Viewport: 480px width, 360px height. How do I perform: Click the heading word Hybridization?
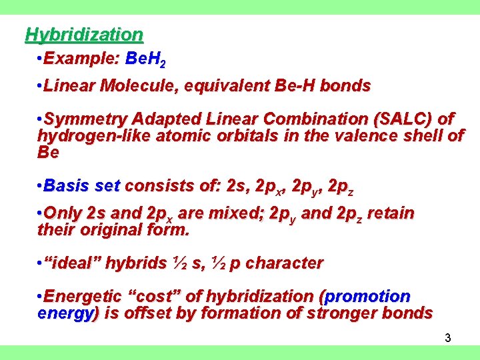(x=84, y=34)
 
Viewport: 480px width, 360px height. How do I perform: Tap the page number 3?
(x=448, y=338)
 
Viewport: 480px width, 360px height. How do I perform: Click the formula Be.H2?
(x=145, y=60)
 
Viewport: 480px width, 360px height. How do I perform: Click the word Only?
(x=65, y=213)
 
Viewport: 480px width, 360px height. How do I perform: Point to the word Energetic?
(x=81, y=296)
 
